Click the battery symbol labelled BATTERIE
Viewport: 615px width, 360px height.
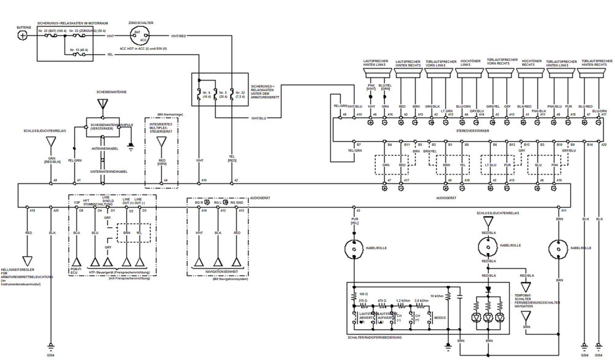click(x=23, y=35)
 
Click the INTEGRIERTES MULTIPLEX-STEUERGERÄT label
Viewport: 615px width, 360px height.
click(x=161, y=129)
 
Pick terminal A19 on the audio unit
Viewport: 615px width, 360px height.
click(x=32, y=210)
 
